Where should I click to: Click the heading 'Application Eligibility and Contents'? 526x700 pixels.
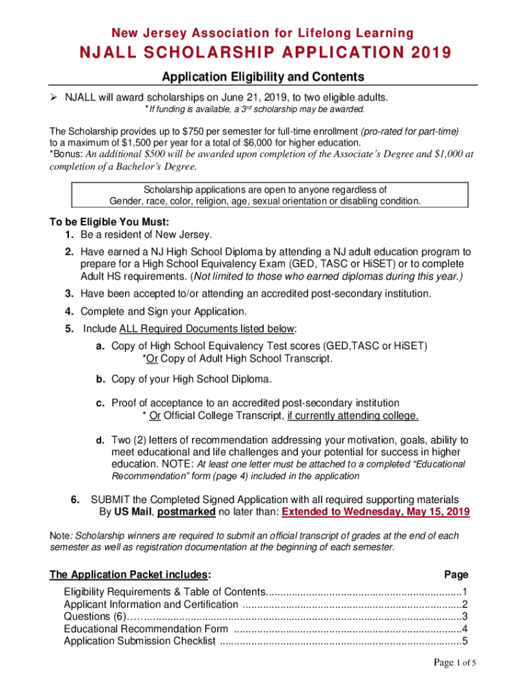click(x=262, y=77)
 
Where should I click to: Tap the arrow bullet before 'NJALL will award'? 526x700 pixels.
click(x=54, y=97)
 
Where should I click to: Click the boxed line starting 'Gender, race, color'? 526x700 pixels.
click(x=265, y=201)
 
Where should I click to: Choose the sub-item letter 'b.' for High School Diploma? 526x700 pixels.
click(x=100, y=379)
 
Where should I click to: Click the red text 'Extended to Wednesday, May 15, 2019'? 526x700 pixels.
click(x=375, y=511)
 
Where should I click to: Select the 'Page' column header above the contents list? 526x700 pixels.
click(x=456, y=574)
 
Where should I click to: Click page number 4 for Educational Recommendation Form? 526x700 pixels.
click(x=465, y=629)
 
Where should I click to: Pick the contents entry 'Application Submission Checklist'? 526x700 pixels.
click(x=139, y=641)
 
